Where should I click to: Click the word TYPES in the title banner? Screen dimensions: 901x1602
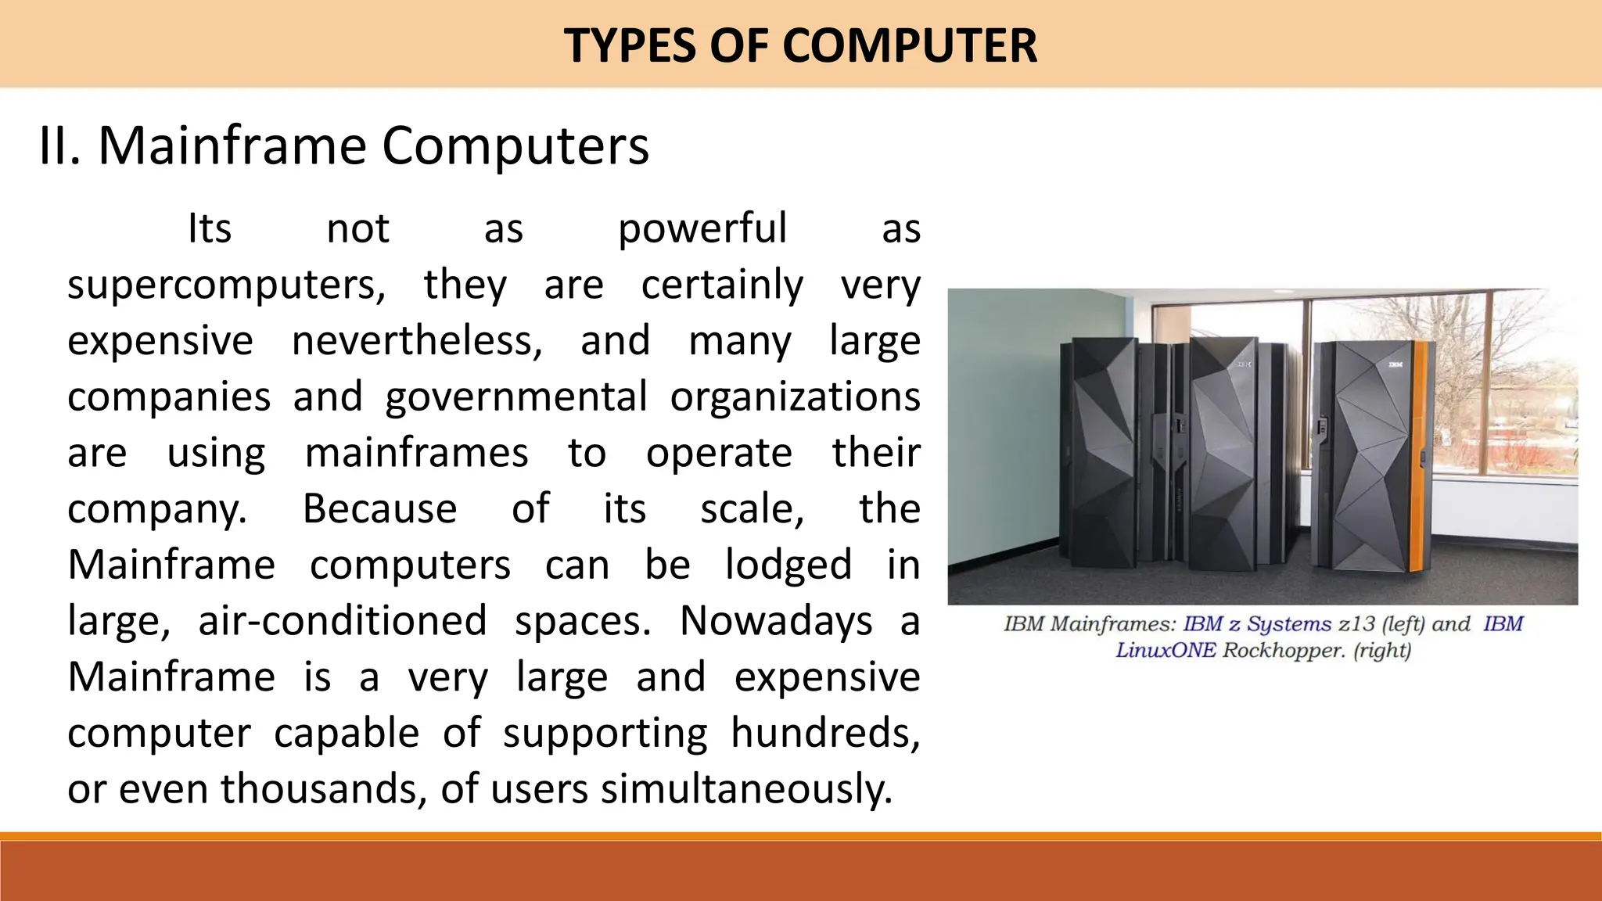[630, 45]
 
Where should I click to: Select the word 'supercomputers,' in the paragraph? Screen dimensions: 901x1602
[226, 285]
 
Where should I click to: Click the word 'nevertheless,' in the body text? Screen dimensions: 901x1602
[417, 341]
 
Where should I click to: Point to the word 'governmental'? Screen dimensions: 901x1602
[516, 397]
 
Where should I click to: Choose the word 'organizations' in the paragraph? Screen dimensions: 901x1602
[795, 397]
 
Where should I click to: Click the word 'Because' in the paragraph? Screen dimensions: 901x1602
[379, 509]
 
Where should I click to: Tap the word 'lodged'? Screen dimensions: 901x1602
[788, 565]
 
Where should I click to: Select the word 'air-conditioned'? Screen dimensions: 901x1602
[343, 622]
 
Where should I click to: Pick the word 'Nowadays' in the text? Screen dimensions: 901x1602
[776, 622]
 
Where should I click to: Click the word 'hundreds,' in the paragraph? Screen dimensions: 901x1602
[825, 734]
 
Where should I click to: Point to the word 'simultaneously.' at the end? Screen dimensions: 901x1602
[746, 789]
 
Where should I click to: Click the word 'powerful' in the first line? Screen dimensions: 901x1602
[702, 229]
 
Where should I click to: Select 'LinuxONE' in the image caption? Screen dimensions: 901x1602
[1166, 650]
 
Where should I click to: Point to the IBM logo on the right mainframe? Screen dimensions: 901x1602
[1395, 364]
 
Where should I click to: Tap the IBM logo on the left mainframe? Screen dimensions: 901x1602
[1244, 364]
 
